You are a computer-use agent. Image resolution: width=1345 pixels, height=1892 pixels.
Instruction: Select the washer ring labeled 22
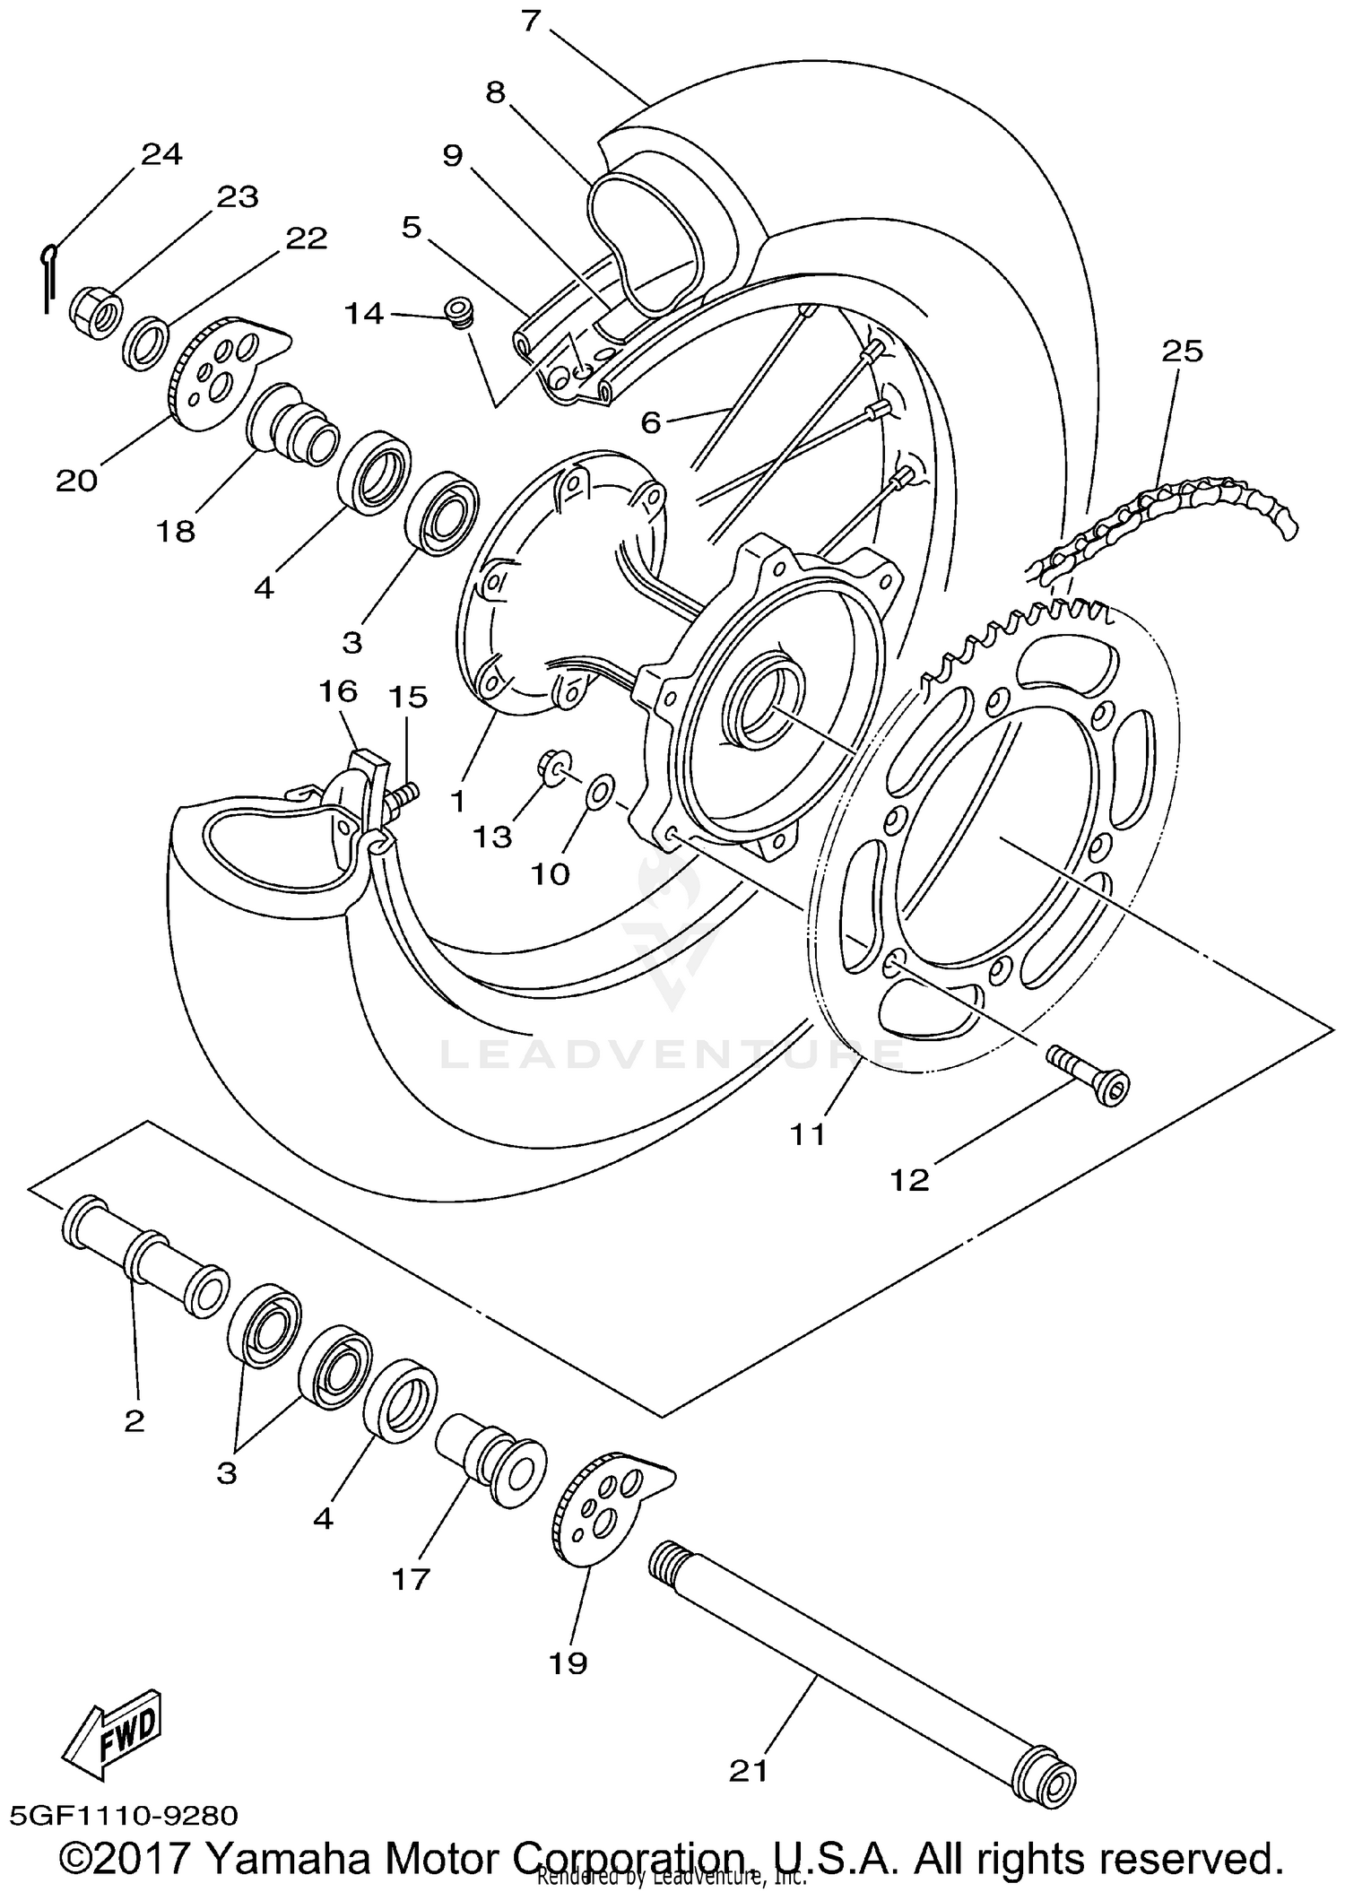[144, 343]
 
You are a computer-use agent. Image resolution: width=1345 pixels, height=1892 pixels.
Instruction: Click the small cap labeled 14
[459, 314]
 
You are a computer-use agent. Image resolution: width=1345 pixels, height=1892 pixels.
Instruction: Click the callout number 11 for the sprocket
[807, 1134]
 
